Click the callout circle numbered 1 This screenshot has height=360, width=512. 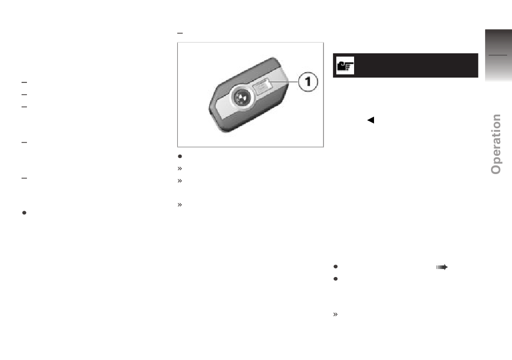pyautogui.click(x=308, y=81)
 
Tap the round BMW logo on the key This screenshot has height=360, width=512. pyautogui.click(x=241, y=97)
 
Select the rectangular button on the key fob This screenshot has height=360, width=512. pyautogui.click(x=262, y=87)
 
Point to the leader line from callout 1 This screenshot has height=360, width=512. pyautogui.click(x=283, y=82)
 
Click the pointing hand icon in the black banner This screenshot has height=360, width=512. pyautogui.click(x=345, y=66)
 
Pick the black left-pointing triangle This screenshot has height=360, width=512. pyautogui.click(x=371, y=120)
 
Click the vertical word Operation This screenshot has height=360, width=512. pyautogui.click(x=496, y=144)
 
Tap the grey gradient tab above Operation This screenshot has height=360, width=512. pyautogui.click(x=499, y=55)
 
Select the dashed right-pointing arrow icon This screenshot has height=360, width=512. pyautogui.click(x=442, y=267)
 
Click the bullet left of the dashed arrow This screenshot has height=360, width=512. pyautogui.click(x=335, y=267)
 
